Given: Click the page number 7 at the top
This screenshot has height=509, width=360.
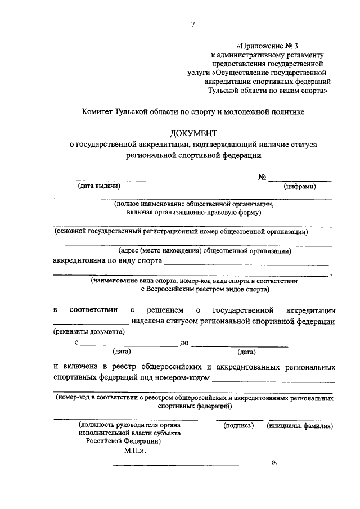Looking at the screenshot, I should pyautogui.click(x=193, y=24).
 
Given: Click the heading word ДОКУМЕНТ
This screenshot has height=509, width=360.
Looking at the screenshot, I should pyautogui.click(x=193, y=133).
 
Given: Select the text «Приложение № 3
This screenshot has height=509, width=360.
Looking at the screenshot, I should pyautogui.click(x=268, y=44).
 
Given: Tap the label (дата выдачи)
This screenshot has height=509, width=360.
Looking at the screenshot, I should pyautogui.click(x=99, y=186).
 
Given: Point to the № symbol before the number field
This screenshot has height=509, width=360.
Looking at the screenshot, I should pyautogui.click(x=262, y=177).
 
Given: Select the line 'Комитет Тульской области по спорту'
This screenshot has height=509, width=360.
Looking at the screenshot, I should pyautogui.click(x=193, y=112).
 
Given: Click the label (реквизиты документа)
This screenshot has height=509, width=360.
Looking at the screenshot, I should pyautogui.click(x=89, y=332).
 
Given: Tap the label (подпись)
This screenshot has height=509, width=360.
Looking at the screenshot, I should pyautogui.click(x=239, y=426).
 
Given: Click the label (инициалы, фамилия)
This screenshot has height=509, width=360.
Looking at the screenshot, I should pyautogui.click(x=300, y=426).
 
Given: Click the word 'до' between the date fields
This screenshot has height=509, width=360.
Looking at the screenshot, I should pyautogui.click(x=184, y=342).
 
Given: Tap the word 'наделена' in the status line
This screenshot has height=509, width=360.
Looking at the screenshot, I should pyautogui.click(x=147, y=322).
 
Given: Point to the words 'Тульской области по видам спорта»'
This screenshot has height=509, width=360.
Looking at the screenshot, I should pyautogui.click(x=267, y=89).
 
